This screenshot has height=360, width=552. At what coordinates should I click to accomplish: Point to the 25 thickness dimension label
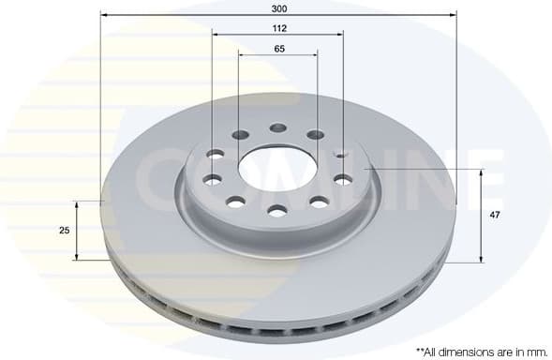pos(65,230)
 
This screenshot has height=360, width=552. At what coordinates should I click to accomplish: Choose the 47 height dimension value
pos(494,215)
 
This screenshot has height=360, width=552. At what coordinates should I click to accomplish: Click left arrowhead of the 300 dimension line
pos(104,15)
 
